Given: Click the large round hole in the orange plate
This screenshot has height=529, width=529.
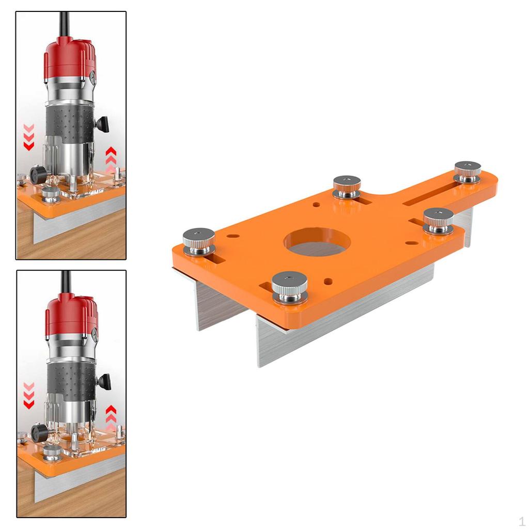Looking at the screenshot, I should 317,242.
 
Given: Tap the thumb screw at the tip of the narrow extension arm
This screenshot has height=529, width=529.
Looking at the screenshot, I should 468,171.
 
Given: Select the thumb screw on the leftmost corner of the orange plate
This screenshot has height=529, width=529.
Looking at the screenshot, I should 199,241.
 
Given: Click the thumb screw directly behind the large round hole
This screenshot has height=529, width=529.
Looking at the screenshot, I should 347,186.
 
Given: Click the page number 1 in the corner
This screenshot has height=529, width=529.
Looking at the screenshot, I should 522,521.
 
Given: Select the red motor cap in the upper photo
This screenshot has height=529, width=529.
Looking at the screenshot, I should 70,57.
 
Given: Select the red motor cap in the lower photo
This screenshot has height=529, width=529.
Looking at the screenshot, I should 71,315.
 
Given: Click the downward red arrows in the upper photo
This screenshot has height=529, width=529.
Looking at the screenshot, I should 29,137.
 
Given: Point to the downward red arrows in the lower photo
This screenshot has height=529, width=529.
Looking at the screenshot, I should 29,395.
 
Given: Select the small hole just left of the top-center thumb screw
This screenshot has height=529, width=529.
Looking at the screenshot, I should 316,205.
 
